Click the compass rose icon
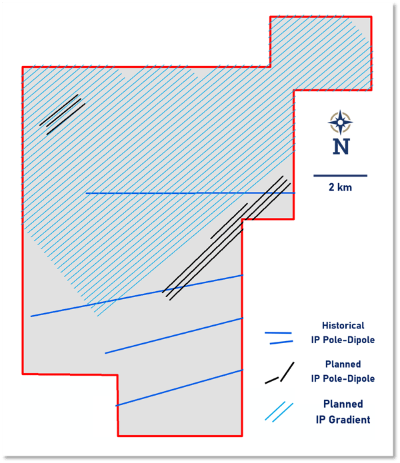tap(341, 123)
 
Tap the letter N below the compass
tap(341, 147)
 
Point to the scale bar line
tap(341, 176)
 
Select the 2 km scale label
tap(341, 188)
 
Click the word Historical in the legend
tap(343, 326)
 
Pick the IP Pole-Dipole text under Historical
tap(343, 340)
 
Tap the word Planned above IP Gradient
tap(343, 404)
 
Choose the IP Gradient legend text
tap(343, 419)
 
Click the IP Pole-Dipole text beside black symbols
tap(343, 378)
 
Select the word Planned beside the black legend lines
tap(343, 364)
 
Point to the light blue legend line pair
tap(280, 412)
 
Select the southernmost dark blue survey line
tap(179, 388)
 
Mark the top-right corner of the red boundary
tap(371, 17)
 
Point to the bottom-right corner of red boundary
tap(242, 436)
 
